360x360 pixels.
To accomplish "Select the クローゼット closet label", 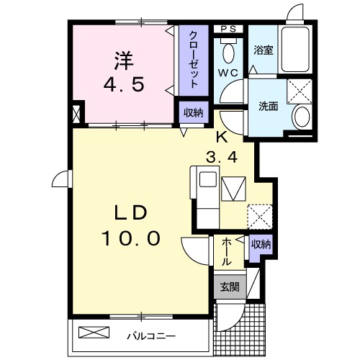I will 194,58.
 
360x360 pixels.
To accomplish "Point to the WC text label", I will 230,73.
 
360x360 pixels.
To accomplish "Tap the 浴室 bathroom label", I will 263,51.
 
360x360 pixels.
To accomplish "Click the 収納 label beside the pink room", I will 192,112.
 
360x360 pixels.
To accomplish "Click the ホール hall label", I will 226,251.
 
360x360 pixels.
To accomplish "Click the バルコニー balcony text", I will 152,335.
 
